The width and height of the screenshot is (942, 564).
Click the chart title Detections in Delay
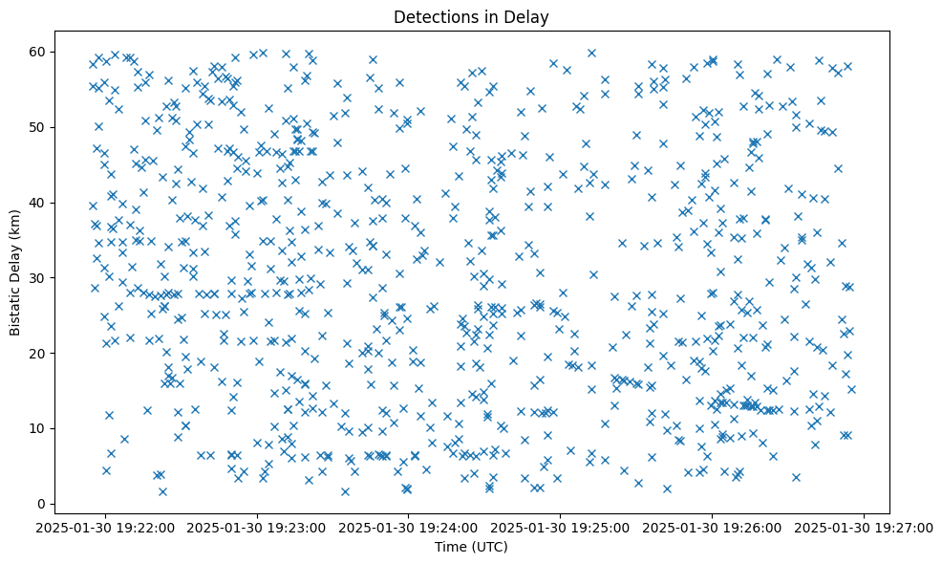click(x=471, y=16)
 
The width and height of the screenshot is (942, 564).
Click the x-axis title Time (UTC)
click(x=471, y=547)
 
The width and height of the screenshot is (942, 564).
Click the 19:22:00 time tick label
click(x=105, y=527)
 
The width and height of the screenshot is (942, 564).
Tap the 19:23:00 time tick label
click(x=257, y=527)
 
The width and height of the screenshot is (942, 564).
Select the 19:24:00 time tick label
click(x=409, y=527)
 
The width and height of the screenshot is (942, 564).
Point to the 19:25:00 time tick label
click(x=561, y=527)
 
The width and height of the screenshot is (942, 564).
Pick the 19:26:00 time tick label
click(x=713, y=527)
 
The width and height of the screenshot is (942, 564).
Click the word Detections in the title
click(x=434, y=16)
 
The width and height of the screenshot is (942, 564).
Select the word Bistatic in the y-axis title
click(x=16, y=305)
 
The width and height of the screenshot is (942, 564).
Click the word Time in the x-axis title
click(x=451, y=547)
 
